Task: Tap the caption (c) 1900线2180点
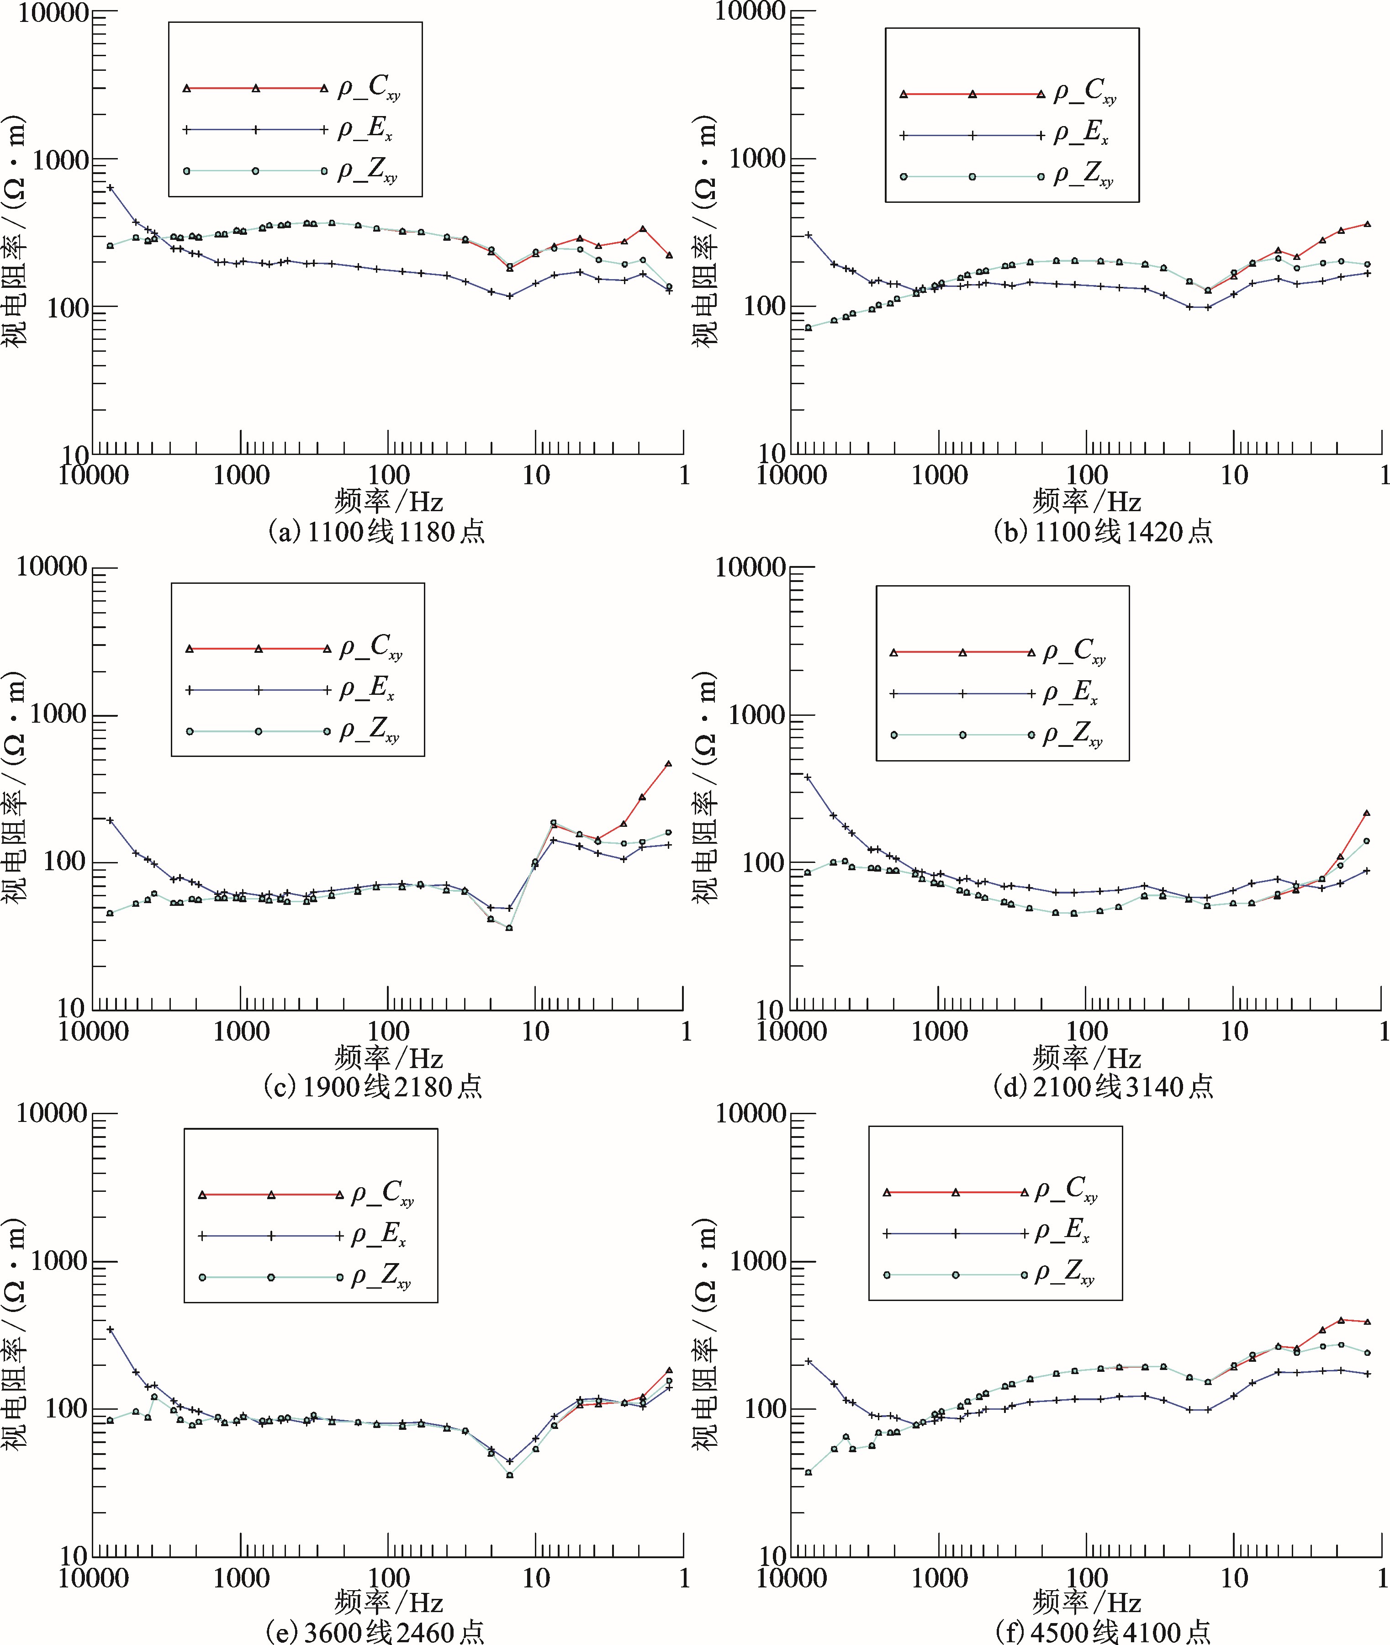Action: tap(374, 1087)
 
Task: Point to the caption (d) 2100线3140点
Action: tap(1103, 1087)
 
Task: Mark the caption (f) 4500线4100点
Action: tap(1103, 1631)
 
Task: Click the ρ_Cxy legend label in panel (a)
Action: tap(369, 88)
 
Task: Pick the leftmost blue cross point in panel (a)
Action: tap(111, 187)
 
